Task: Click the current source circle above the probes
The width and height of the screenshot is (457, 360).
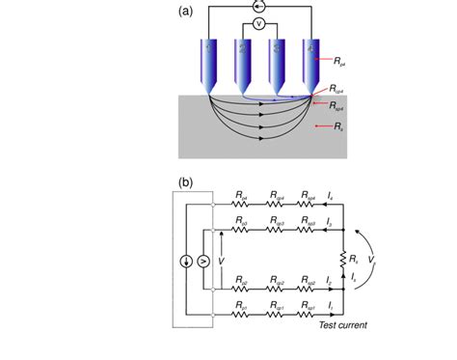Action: (x=258, y=6)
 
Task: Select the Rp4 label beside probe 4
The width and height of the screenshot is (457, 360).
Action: (x=340, y=62)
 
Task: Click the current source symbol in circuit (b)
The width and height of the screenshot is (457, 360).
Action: (x=185, y=261)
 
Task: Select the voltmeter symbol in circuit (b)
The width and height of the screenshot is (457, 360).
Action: (x=202, y=261)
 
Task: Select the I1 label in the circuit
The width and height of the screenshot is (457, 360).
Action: (x=330, y=305)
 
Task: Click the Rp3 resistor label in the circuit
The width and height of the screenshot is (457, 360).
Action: (x=240, y=223)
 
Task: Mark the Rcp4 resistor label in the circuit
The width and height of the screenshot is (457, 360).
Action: (x=276, y=196)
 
